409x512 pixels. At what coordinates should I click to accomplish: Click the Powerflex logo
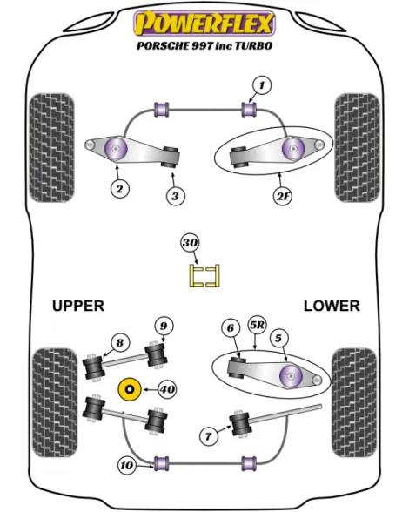[204, 24]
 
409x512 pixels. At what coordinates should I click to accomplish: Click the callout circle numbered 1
[261, 85]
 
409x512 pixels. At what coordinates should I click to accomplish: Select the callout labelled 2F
[283, 196]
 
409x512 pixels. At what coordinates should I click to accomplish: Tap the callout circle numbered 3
[175, 196]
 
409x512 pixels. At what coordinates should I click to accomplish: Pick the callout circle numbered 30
[190, 243]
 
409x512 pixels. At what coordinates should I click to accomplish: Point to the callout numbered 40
[167, 389]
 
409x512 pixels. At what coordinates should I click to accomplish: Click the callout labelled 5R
[258, 326]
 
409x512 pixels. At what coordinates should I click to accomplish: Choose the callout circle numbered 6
[231, 327]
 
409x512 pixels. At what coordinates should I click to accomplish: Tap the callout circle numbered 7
[208, 436]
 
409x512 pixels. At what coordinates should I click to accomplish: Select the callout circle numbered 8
[120, 343]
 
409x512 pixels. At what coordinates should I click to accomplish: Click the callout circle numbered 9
[164, 326]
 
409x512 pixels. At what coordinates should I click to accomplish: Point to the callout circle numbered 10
[127, 465]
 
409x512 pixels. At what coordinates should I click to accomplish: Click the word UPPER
[78, 306]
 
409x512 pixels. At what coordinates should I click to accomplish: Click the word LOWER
[332, 306]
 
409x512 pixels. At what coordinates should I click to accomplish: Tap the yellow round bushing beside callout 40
[130, 390]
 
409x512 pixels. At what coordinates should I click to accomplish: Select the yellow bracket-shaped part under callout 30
[204, 276]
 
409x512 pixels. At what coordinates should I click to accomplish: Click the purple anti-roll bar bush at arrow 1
[249, 110]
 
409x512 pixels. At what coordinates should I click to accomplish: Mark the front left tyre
[51, 148]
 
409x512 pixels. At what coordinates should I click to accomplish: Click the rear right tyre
[355, 402]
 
